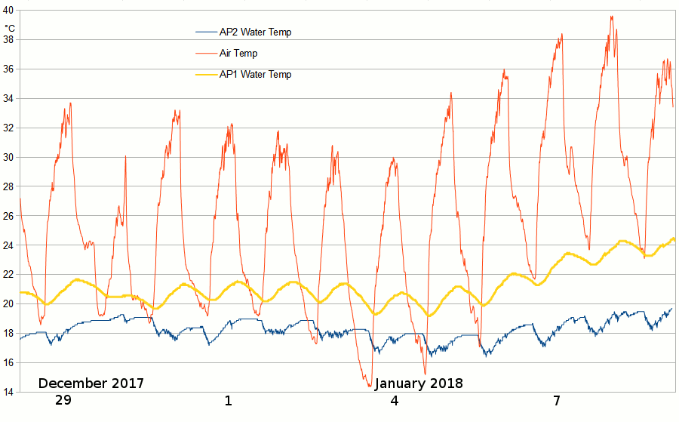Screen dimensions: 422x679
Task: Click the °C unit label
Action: click(x=10, y=28)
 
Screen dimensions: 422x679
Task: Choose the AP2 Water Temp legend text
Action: click(x=255, y=32)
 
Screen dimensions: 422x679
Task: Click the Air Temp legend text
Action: click(x=238, y=54)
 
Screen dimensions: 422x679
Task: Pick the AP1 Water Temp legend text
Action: click(x=255, y=75)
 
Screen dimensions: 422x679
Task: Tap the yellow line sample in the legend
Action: click(x=206, y=75)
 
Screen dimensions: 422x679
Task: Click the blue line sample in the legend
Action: click(x=206, y=32)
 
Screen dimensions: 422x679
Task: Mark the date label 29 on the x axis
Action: click(x=63, y=401)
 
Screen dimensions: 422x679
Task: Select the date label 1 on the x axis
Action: click(x=228, y=401)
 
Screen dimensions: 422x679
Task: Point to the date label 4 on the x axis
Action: click(x=394, y=401)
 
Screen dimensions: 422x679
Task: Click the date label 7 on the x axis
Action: click(x=556, y=401)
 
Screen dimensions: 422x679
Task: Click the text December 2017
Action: click(x=91, y=383)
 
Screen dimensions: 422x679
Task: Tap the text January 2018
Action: click(x=419, y=383)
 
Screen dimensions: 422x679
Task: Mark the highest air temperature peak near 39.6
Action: click(x=611, y=17)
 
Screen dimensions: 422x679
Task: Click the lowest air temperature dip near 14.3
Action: click(x=370, y=387)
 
